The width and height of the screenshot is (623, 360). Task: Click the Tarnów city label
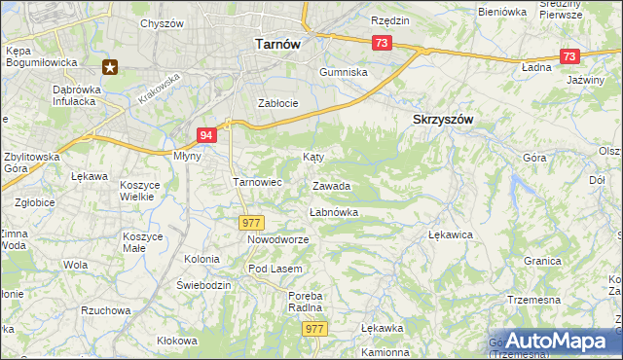tap(276, 44)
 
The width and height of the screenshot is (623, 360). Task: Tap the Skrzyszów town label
tap(438, 119)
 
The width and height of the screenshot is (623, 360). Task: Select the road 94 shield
tap(205, 136)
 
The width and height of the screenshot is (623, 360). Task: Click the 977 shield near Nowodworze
tap(251, 223)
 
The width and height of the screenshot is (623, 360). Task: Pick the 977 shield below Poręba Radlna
tap(314, 330)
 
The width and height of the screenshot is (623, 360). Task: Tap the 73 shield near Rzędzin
tap(382, 43)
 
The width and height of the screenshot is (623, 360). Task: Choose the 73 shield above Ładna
tap(569, 56)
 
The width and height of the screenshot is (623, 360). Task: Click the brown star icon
tap(110, 67)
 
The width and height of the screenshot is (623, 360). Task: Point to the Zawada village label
tap(332, 186)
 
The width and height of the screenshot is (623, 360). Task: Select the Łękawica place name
tap(451, 235)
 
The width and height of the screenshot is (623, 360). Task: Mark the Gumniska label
tap(344, 73)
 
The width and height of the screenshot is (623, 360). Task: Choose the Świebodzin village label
tap(203, 284)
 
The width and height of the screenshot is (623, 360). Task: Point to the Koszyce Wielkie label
tap(138, 191)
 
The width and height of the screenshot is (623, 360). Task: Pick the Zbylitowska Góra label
tap(31, 162)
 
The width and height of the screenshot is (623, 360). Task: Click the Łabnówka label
tap(334, 211)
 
